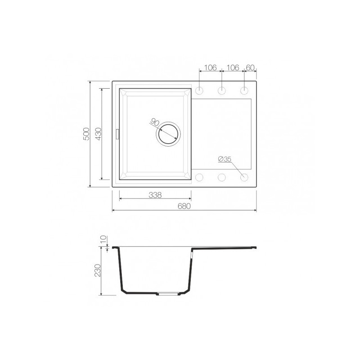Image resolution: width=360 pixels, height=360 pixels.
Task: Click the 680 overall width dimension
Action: (x=184, y=206)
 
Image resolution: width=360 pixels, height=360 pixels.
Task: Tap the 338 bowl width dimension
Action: (x=155, y=195)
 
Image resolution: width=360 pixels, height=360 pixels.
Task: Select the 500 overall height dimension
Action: (x=86, y=134)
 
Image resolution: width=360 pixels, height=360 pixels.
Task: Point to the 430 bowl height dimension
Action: (x=98, y=134)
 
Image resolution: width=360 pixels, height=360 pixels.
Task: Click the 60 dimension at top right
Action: (x=250, y=67)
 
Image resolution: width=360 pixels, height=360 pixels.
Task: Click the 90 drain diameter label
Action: (x=155, y=122)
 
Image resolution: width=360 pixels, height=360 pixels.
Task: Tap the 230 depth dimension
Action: (x=98, y=270)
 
